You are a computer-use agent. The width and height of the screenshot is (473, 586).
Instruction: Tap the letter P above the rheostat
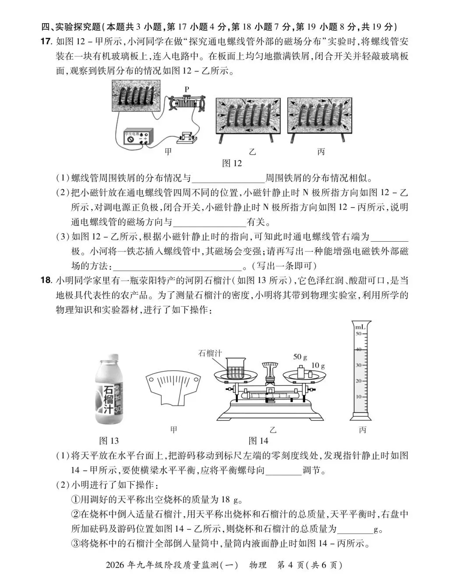[187, 89]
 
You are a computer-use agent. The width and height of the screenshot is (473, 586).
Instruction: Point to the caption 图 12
[232, 163]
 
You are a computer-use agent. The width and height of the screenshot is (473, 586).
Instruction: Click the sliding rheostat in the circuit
[187, 104]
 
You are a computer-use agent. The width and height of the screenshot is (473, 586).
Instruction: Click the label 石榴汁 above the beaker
[211, 353]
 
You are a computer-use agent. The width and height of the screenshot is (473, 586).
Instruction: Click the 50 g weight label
[300, 357]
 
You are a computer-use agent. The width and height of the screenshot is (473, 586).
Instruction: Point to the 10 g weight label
[318, 365]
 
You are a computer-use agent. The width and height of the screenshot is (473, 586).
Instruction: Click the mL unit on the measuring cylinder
[360, 327]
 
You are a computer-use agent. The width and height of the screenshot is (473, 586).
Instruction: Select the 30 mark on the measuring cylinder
[358, 365]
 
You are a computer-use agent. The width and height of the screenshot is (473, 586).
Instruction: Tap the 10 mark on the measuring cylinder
[358, 397]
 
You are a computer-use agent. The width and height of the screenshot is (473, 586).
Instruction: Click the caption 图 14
[258, 440]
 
